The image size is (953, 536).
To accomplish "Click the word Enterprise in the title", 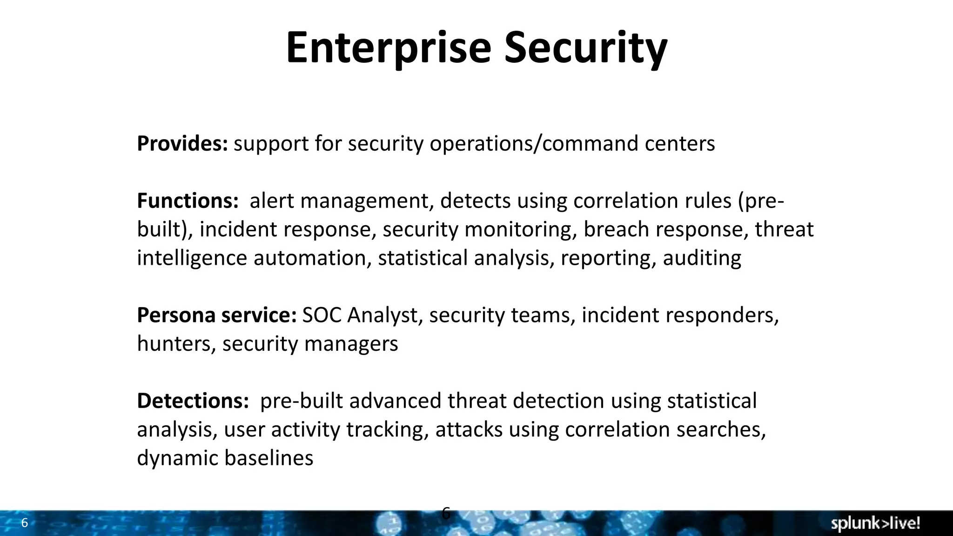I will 388,48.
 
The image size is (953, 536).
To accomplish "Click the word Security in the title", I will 585,48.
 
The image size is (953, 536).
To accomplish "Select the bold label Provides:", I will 182,143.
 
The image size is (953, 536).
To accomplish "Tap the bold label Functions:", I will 188,201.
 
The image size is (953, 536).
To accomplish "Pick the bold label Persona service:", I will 216,315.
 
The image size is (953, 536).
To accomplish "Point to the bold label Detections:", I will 193,401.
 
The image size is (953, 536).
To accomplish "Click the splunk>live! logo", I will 875,523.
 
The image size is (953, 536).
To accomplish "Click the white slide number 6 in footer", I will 25,523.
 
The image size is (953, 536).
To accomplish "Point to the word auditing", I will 702,258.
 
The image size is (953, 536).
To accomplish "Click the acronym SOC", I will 322,315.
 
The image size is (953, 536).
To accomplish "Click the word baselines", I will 268,458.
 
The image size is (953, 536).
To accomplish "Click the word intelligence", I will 192,258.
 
